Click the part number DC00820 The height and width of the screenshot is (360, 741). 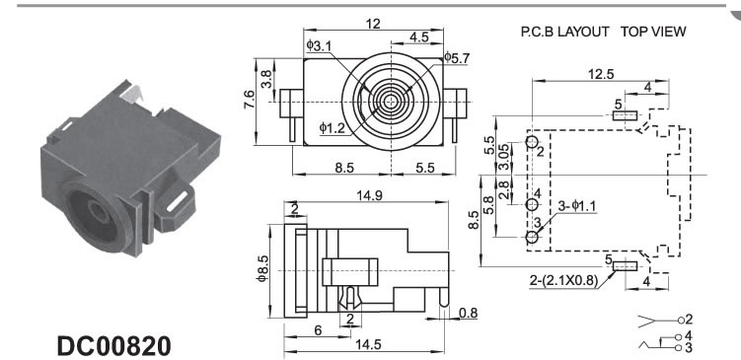coord(113,346)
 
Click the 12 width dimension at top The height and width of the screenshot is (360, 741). coord(373,24)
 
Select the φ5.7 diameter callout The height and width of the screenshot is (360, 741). coord(457,58)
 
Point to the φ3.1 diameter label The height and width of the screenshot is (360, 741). coord(319,45)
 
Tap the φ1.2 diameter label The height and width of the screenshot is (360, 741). coord(332,127)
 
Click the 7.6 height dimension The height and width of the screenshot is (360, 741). coord(249,100)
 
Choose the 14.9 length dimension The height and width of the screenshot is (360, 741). coord(370,195)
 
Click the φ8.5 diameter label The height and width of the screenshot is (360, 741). coord(262,270)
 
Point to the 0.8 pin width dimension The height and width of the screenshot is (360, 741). coord(468,313)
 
